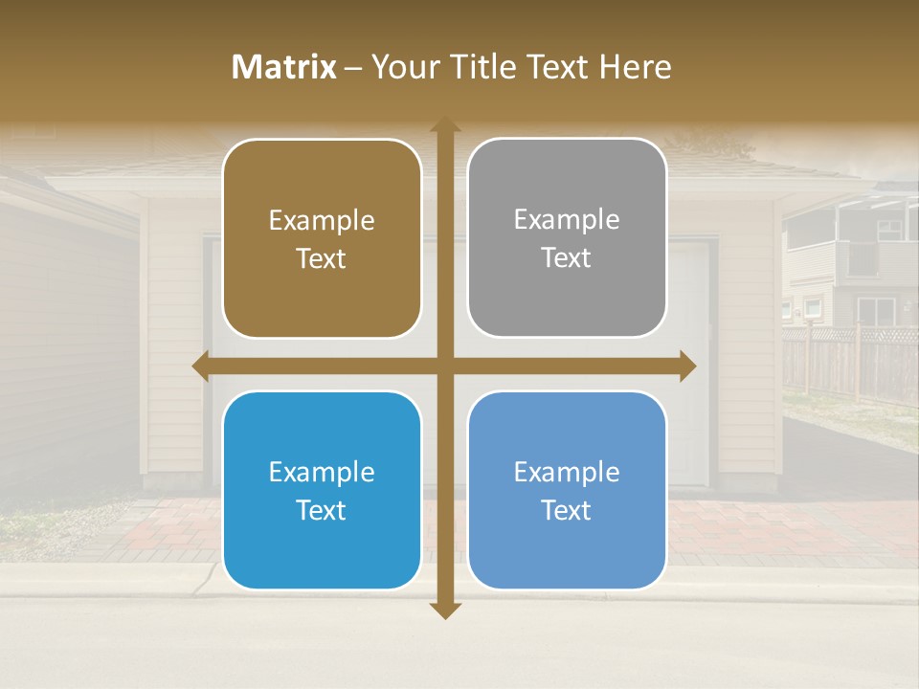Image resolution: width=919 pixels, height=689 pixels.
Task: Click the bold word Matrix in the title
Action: click(x=284, y=67)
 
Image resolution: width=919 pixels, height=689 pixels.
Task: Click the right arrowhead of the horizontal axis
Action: click(x=687, y=367)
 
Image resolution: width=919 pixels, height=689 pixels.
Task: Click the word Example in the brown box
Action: click(x=322, y=221)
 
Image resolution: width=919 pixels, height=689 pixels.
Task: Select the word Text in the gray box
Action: click(x=567, y=258)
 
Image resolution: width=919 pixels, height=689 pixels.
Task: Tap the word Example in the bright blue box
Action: click(x=322, y=473)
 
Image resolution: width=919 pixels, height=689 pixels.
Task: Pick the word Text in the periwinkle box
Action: click(x=567, y=510)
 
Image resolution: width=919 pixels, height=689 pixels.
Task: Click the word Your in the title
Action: click(x=402, y=67)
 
